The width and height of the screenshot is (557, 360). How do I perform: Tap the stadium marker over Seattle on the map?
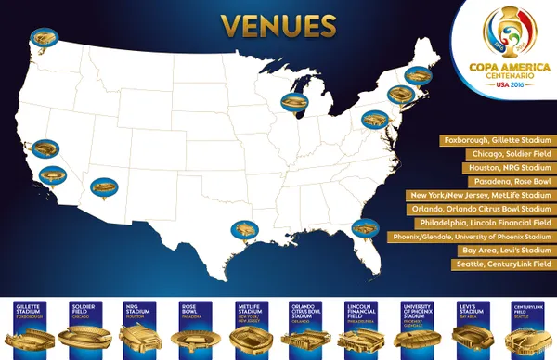point(42,38)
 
